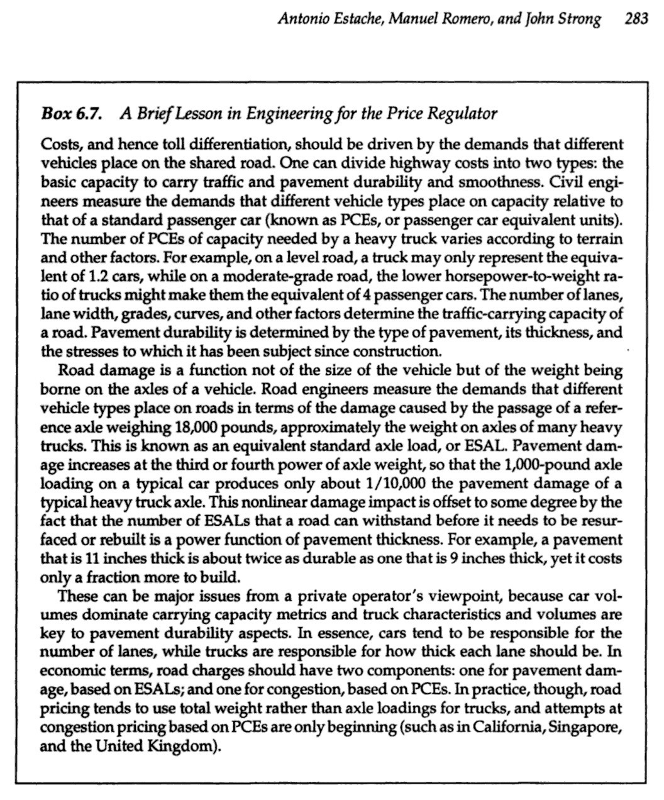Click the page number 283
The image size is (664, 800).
[636, 19]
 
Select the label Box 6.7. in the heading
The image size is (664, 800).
[67, 114]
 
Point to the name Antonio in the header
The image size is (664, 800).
[301, 19]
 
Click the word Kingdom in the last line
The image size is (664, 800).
[186, 747]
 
